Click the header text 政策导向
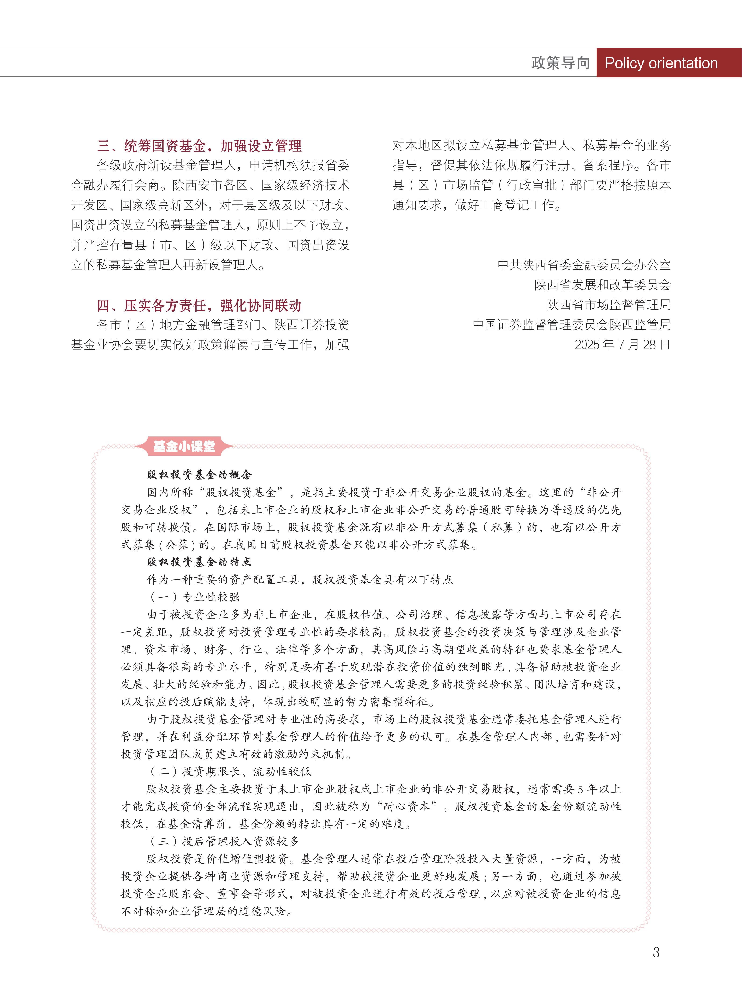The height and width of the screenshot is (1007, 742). (x=560, y=63)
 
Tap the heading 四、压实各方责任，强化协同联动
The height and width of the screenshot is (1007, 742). (x=199, y=305)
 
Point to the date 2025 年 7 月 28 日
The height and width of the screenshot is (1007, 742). (x=622, y=344)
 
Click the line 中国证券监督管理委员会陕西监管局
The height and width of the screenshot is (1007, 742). (x=571, y=325)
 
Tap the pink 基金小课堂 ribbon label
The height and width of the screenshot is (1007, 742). (x=184, y=446)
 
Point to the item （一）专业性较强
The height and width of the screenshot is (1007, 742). (x=194, y=597)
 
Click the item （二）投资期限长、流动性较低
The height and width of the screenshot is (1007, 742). (x=230, y=771)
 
